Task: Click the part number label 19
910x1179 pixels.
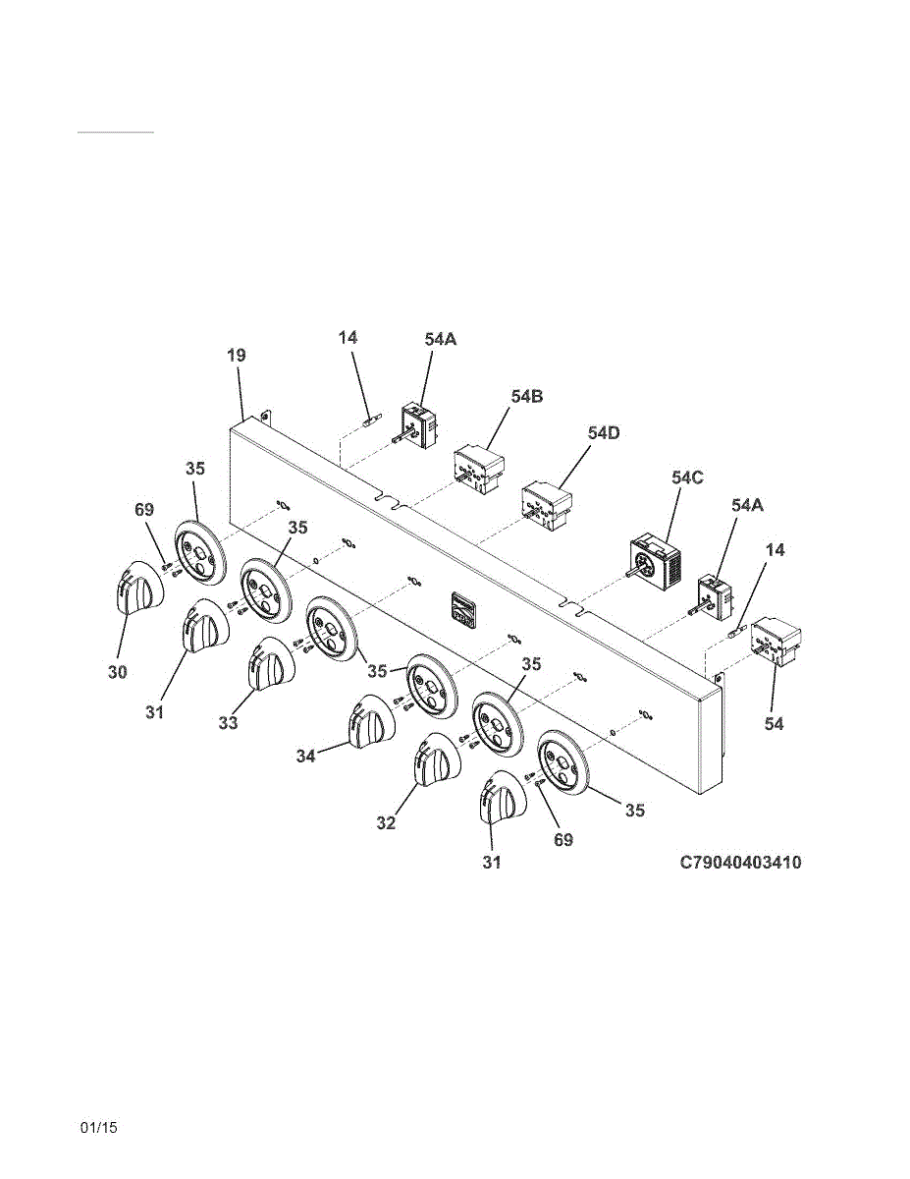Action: point(237,356)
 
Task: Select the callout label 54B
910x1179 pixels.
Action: point(527,396)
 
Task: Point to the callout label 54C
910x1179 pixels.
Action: point(688,477)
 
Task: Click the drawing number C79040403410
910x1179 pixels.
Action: point(740,863)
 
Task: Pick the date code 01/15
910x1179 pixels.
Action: point(99,1128)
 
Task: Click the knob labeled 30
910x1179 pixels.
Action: point(134,591)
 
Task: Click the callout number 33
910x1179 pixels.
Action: point(228,723)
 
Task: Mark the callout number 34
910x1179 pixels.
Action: point(304,758)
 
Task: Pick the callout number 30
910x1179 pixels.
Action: point(118,672)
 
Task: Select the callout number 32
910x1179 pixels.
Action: point(386,823)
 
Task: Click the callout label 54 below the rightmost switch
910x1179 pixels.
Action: point(775,723)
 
